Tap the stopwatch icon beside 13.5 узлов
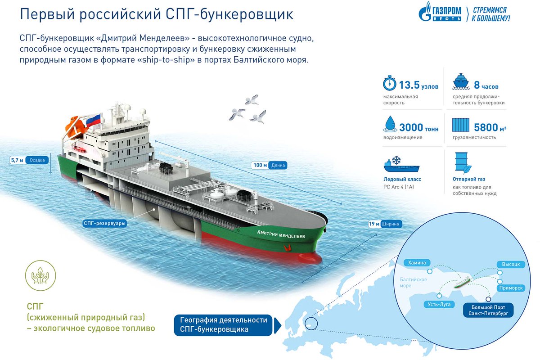(x=389, y=84)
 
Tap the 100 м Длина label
(x=269, y=165)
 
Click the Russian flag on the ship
(x=93, y=121)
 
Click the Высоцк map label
(x=511, y=264)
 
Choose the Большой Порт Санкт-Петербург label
(x=489, y=310)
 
